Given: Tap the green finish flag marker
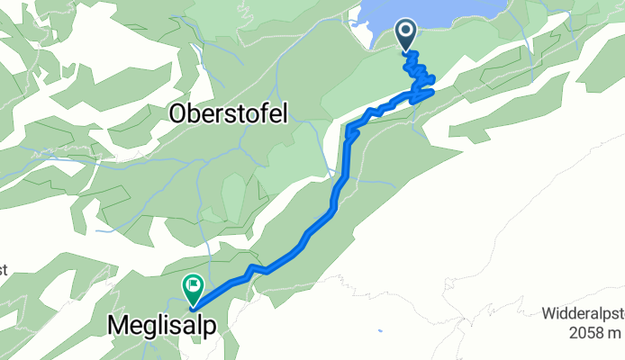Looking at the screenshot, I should (193, 288).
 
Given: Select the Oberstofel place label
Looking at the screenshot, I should (224, 114).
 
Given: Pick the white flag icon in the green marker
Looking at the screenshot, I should (193, 286).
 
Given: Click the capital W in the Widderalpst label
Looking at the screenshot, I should (548, 314).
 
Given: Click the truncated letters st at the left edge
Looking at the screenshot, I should (4, 269).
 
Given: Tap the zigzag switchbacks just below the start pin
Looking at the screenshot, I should (417, 72).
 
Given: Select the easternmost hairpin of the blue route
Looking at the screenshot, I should (433, 91).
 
